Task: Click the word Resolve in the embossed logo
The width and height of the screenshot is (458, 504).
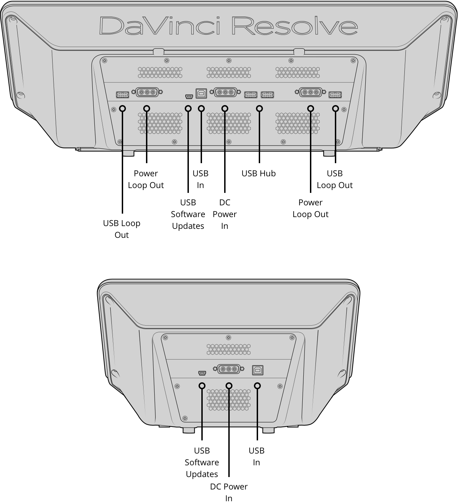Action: [x=294, y=26]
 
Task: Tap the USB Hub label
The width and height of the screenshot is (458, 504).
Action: [x=258, y=173]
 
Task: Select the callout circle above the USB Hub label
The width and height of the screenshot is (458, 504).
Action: [x=259, y=109]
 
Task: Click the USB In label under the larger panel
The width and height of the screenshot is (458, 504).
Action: [x=200, y=179]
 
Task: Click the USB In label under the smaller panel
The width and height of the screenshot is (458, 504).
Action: [x=256, y=456]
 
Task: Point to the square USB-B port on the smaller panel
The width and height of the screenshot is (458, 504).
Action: [x=258, y=370]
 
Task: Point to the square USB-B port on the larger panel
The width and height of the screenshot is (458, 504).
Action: [x=201, y=93]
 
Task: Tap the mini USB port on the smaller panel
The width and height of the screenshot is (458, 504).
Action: [x=202, y=373]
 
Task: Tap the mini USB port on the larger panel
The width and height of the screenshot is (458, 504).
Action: [x=189, y=96]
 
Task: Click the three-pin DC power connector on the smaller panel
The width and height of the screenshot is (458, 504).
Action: [x=229, y=369]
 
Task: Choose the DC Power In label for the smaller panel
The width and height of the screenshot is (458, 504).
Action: [x=229, y=492]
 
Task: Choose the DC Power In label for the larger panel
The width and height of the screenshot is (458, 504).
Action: [x=225, y=214]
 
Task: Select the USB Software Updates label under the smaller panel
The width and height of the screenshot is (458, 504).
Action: [x=202, y=462]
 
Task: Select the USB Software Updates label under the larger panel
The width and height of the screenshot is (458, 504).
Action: [x=188, y=214]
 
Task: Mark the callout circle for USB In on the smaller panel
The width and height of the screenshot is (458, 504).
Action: [x=257, y=385]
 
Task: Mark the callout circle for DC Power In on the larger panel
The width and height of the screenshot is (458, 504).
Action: [x=225, y=109]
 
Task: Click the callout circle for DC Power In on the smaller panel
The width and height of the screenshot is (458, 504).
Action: [x=229, y=385]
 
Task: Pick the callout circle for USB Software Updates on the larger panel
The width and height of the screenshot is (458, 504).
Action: [x=188, y=109]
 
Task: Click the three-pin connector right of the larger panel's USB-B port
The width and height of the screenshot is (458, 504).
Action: [x=226, y=93]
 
